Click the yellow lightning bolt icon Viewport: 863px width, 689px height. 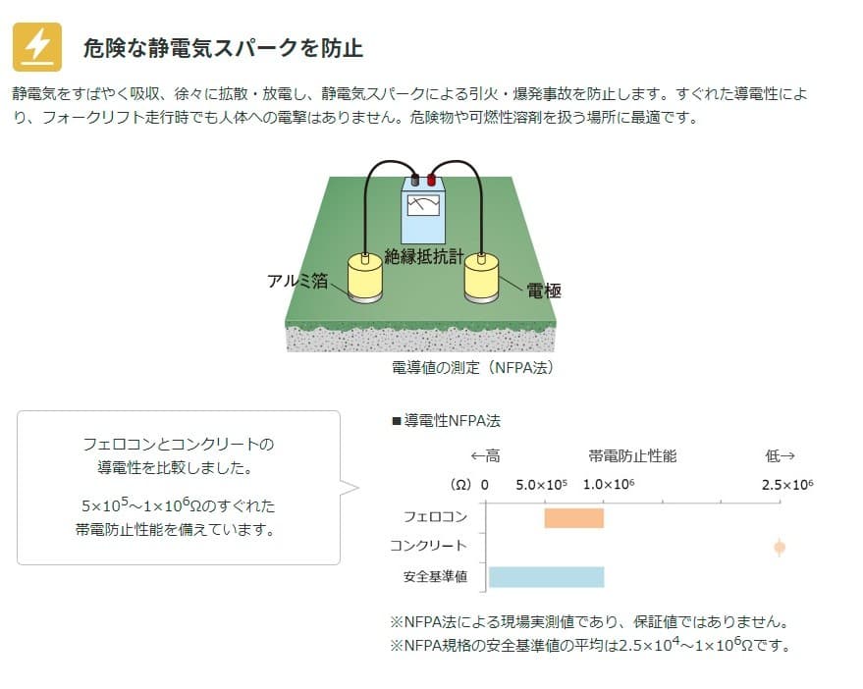tap(37, 47)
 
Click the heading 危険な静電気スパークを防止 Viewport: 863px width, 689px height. tap(223, 48)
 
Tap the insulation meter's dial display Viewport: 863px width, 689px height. tap(423, 205)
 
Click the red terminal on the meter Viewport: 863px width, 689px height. tap(432, 180)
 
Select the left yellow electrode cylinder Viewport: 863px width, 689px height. tap(365, 276)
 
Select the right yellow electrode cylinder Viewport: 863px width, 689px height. tap(482, 276)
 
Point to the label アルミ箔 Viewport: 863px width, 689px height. tap(297, 281)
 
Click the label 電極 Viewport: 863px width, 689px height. tap(544, 291)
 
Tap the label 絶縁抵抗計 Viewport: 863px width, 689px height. tap(424, 256)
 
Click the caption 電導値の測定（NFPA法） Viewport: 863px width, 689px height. tap(473, 368)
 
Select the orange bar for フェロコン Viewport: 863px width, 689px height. tap(574, 518)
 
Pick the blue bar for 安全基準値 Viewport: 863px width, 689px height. tap(547, 577)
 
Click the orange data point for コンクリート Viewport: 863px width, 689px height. tap(780, 548)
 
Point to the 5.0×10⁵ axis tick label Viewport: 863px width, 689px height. tap(541, 485)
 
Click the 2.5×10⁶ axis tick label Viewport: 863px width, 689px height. tap(787, 485)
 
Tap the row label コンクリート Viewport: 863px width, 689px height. tap(429, 546)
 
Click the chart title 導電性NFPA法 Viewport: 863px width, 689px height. tap(447, 421)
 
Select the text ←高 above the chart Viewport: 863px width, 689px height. tap(485, 455)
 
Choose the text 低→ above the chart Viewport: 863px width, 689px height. tap(781, 455)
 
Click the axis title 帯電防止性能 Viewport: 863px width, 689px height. tap(632, 455)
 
